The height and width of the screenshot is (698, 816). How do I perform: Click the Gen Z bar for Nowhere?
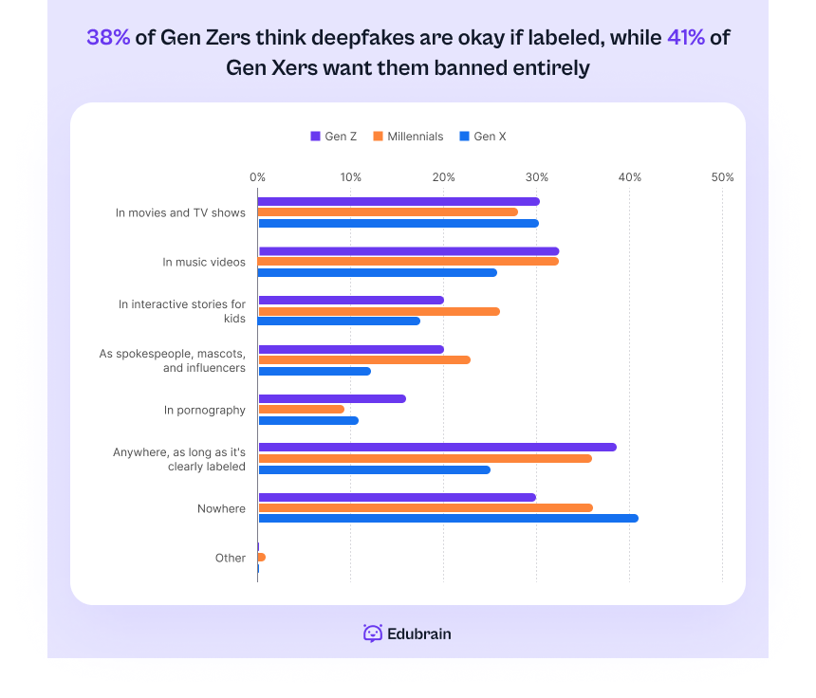pos(397,497)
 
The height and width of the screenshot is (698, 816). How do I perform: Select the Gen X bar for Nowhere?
pos(448,518)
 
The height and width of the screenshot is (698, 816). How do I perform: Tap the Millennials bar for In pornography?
pos(301,409)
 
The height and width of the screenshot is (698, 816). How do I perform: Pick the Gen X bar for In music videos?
pos(377,272)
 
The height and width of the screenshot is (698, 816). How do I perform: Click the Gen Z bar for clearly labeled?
pos(436,447)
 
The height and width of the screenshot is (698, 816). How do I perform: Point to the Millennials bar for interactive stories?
pos(379,311)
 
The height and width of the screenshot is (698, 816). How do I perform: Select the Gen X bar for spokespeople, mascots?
pos(314,371)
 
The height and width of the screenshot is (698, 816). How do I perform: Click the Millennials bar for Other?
pos(261,557)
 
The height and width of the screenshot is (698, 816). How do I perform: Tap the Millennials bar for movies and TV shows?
pos(388,211)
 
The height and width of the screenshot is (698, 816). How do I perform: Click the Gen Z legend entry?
pos(333,137)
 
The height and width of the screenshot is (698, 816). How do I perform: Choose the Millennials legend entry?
pos(408,137)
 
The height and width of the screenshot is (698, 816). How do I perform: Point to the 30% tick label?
pos(537,177)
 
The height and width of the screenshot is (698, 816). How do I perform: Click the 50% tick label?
pos(722,177)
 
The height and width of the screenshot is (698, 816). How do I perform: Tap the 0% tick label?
pos(257,177)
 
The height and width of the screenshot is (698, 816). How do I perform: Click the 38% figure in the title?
pos(108,38)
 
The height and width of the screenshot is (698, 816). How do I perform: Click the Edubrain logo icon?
pos(373,634)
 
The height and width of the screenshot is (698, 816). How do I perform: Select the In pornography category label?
pos(204,410)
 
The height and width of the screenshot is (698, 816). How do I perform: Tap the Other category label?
pos(230,558)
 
